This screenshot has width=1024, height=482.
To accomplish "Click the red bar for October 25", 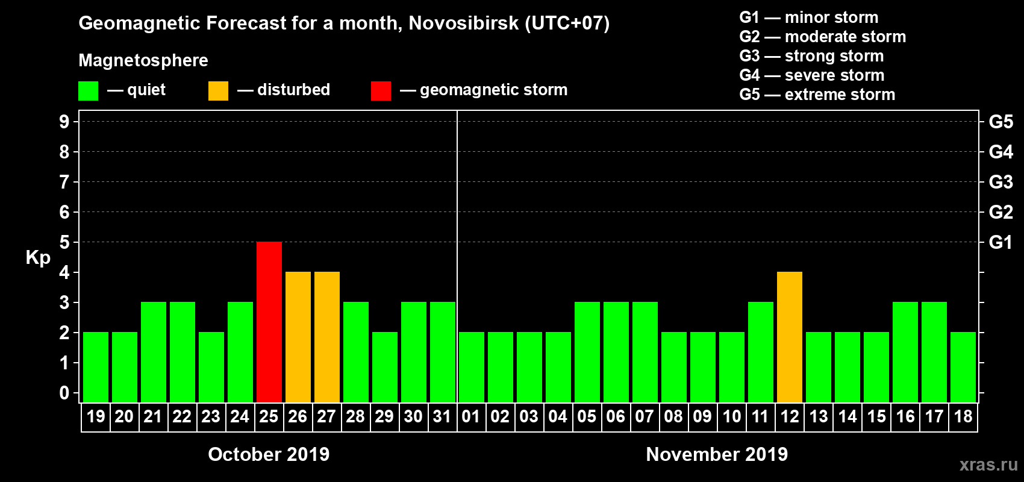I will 269,322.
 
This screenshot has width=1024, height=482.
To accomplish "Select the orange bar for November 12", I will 790,337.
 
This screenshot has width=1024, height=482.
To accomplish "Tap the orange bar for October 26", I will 298,337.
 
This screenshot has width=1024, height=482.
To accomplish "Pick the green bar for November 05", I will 587,352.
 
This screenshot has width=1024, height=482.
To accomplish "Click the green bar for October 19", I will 96,367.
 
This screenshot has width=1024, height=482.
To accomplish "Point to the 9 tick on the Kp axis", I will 64,122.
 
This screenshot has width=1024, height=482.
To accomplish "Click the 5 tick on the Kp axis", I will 64,242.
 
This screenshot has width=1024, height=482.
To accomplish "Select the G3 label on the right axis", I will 1001,182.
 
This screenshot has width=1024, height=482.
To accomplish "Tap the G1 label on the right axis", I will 1001,242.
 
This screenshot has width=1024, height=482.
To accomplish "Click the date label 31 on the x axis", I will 442,417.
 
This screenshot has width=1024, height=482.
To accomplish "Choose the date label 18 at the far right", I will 963,417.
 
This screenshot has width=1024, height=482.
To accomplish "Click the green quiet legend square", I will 89,91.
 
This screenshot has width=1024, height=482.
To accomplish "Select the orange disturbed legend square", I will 218,91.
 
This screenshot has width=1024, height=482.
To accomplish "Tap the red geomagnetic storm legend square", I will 381,91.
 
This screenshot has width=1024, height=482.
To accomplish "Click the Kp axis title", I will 38,258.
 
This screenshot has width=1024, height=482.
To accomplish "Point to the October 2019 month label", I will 269,454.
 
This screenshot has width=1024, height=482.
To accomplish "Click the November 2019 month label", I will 717,454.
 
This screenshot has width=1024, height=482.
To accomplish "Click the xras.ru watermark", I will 988,465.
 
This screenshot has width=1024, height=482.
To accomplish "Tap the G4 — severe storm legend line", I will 811,75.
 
